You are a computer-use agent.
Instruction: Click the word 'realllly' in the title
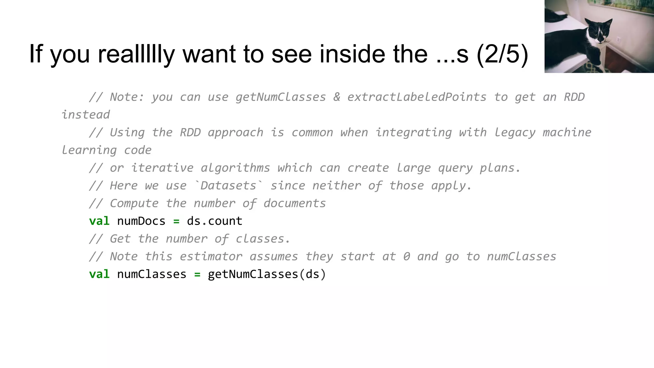[136, 54]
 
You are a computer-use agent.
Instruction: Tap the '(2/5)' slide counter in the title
[502, 54]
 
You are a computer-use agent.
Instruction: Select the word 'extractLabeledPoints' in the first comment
[417, 97]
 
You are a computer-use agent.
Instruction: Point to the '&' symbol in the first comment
[337, 97]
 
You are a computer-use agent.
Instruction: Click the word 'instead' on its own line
[86, 115]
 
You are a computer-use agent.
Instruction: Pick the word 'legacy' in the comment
[514, 133]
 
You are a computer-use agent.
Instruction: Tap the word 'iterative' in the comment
[162, 168]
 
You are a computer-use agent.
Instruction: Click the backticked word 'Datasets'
[229, 186]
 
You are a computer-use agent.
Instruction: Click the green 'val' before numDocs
[99, 221]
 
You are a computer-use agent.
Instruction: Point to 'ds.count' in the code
[215, 221]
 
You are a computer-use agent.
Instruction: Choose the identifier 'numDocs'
[141, 221]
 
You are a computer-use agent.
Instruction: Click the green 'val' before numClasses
[99, 274]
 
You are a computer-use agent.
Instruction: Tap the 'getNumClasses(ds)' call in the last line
[267, 274]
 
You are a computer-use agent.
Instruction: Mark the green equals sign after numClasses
[197, 274]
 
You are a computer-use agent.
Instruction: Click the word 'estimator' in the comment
[211, 257]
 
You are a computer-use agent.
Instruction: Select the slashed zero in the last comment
[406, 257]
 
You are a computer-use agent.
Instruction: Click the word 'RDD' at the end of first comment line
[574, 97]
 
